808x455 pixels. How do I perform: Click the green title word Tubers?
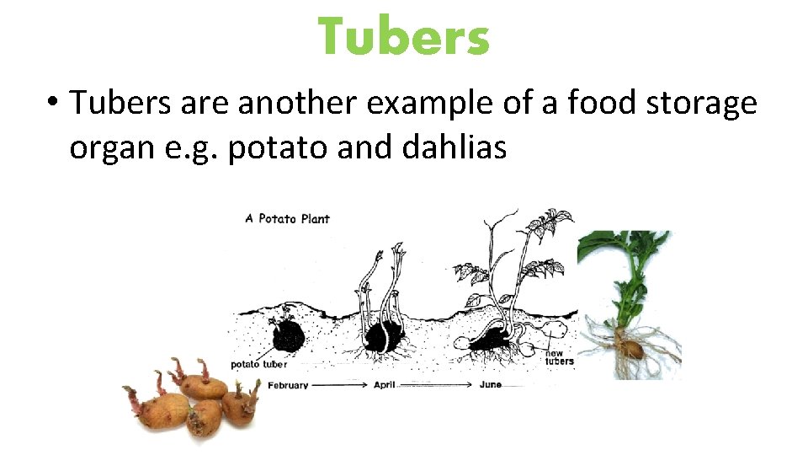coord(404,38)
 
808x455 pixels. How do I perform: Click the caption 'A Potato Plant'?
coord(287,218)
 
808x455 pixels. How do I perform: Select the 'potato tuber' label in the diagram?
coord(258,364)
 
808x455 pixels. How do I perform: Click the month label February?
coord(288,385)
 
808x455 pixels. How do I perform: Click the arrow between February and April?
coord(340,385)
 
